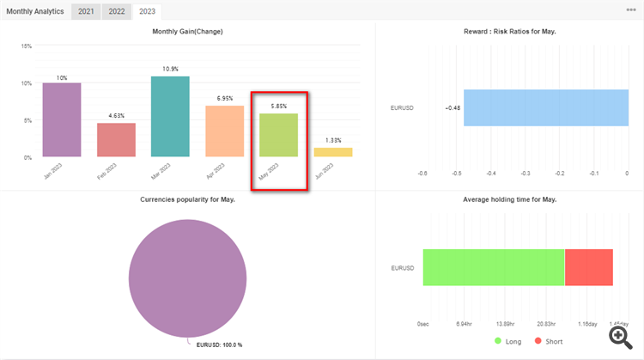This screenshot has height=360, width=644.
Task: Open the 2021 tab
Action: (x=85, y=12)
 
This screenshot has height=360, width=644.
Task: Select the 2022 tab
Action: (x=116, y=12)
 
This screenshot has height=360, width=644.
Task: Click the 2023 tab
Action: (x=148, y=12)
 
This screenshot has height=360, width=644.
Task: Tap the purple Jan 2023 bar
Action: (x=62, y=119)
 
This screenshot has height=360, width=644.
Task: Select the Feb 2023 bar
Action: (x=116, y=140)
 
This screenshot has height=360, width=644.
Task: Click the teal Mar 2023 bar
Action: (x=170, y=116)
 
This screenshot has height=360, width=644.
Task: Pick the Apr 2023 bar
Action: (x=224, y=131)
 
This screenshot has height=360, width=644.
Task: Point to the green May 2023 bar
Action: (x=278, y=135)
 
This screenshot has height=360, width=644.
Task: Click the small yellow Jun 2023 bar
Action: (x=332, y=152)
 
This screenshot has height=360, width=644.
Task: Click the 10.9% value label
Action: (x=170, y=69)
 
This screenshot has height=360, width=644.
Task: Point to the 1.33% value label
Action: (x=332, y=140)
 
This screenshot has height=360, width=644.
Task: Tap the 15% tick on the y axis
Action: (x=26, y=46)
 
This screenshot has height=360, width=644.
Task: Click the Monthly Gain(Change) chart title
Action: (x=187, y=31)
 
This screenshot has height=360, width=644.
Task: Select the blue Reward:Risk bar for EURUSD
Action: (x=546, y=107)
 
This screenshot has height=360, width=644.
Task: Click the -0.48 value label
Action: (x=452, y=108)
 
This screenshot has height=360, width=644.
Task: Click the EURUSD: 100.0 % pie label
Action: (x=219, y=345)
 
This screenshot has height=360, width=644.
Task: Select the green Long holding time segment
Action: (x=494, y=267)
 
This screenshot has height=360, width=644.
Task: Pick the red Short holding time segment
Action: (x=589, y=267)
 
